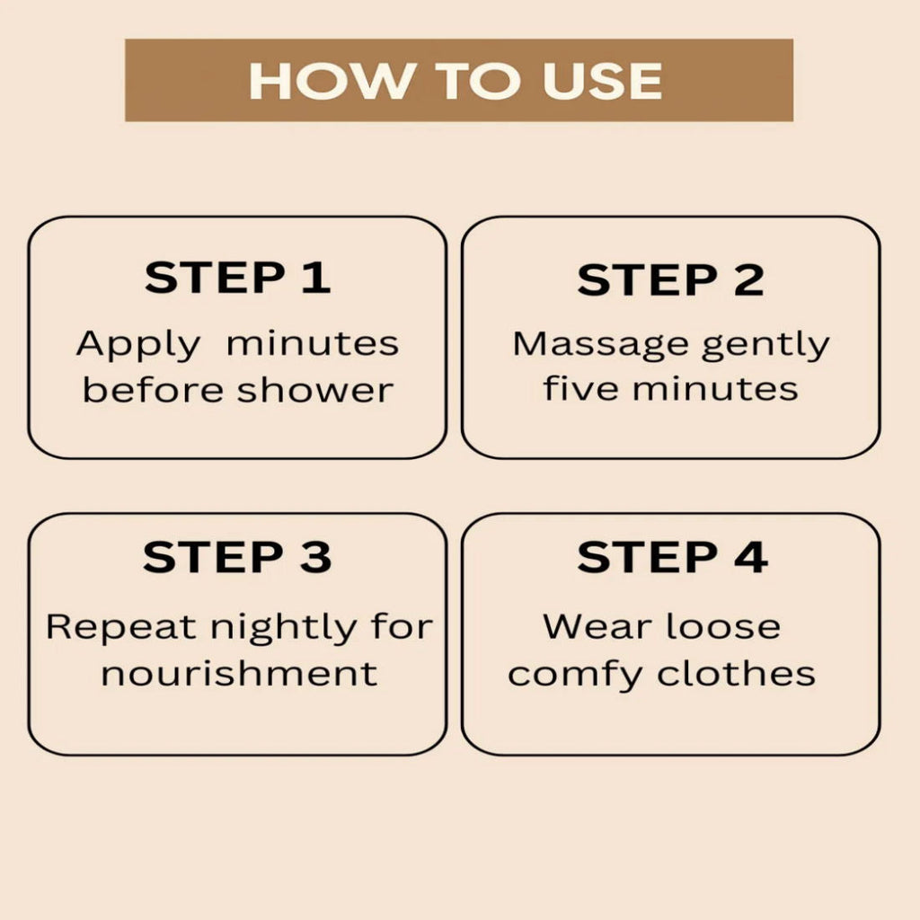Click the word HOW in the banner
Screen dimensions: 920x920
pyautogui.click(x=330, y=80)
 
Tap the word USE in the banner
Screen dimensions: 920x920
pyautogui.click(x=603, y=80)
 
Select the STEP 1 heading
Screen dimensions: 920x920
pyautogui.click(x=237, y=278)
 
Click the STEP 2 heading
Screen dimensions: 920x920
pyautogui.click(x=670, y=279)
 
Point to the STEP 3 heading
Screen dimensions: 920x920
pyautogui.click(x=237, y=557)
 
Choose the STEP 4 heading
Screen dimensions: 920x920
pyautogui.click(x=672, y=557)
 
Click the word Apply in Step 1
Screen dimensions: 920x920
pyautogui.click(x=138, y=345)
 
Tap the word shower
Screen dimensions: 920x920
pyautogui.click(x=315, y=390)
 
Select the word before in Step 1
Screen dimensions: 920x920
pyautogui.click(x=153, y=390)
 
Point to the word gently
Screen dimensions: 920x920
pyautogui.click(x=765, y=345)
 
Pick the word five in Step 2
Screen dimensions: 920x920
pyautogui.click(x=580, y=388)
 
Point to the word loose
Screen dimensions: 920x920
pyautogui.click(x=723, y=626)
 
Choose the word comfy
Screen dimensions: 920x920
pyautogui.click(x=575, y=675)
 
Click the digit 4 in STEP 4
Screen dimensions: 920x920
pyautogui.click(x=751, y=557)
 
